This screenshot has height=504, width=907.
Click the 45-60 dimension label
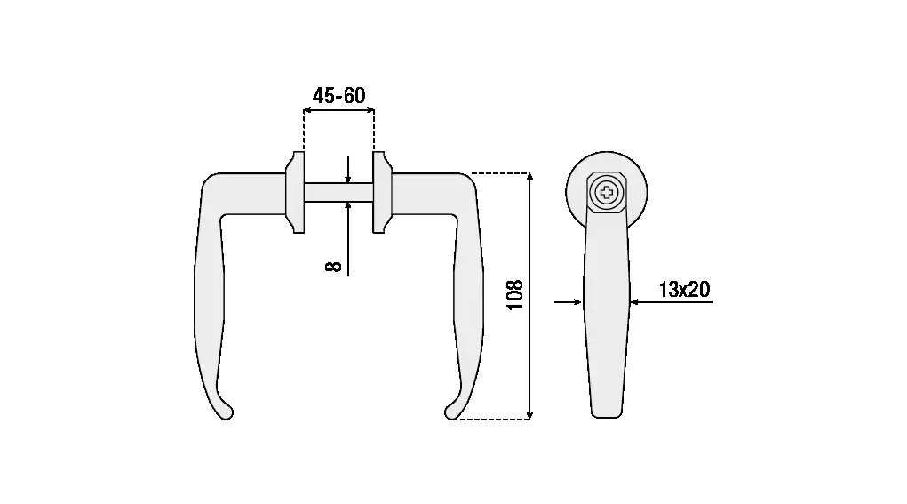pos(339,95)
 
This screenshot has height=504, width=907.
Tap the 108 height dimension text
pos(515,295)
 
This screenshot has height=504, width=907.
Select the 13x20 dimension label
pos(684,289)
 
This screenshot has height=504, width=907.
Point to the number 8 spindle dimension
pos(334,266)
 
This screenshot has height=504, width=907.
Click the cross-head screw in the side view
pos(607,192)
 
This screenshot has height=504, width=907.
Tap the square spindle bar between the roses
pos(339,192)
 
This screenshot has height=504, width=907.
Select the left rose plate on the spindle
pos(295,192)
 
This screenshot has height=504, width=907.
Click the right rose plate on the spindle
pos(382,192)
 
